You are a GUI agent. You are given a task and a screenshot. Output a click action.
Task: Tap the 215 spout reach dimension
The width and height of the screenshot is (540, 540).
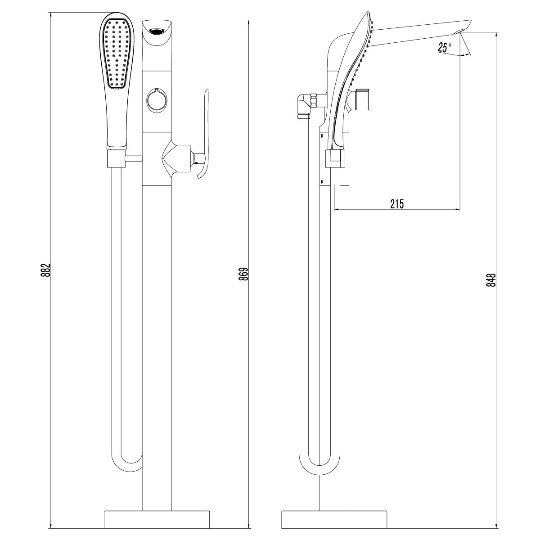point(397,203)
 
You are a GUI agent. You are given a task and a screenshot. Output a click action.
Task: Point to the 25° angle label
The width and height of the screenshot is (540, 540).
point(442,47)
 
